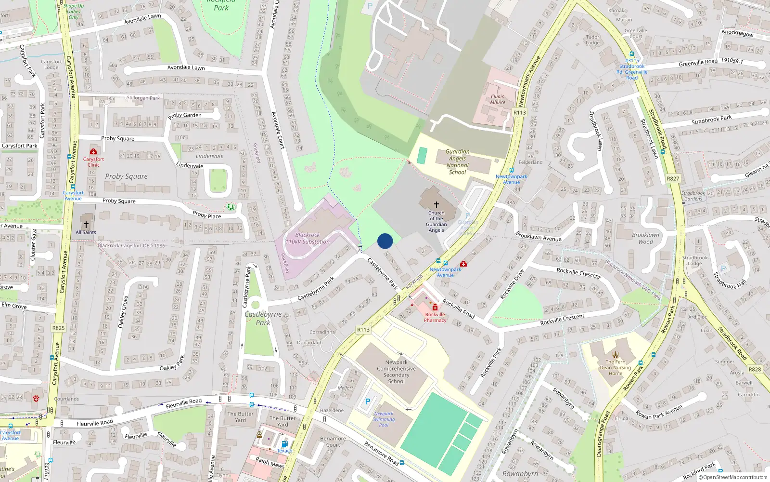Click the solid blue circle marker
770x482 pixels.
click(385, 241)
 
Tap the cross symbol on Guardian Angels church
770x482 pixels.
click(436, 205)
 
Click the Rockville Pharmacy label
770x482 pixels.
click(435, 317)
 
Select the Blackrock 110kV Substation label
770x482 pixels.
click(308, 238)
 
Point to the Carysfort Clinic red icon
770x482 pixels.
click(93, 151)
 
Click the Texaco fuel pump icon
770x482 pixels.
click(284, 444)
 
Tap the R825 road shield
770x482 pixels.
click(58, 328)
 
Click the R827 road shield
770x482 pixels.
click(673, 178)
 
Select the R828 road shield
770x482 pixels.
click(755, 369)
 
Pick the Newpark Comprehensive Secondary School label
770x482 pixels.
click(397, 372)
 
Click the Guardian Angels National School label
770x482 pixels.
click(457, 162)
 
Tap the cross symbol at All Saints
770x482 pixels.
click(86, 225)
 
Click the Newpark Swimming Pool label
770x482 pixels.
click(384, 419)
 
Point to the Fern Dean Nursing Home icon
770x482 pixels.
click(616, 355)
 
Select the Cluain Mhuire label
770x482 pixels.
click(498, 99)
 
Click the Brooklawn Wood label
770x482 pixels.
click(645, 239)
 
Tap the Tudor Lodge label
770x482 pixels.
click(593, 40)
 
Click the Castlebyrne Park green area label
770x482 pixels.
click(263, 318)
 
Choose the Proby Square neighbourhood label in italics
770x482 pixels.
click(127, 176)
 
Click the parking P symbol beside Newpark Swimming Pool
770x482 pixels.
click(368, 402)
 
